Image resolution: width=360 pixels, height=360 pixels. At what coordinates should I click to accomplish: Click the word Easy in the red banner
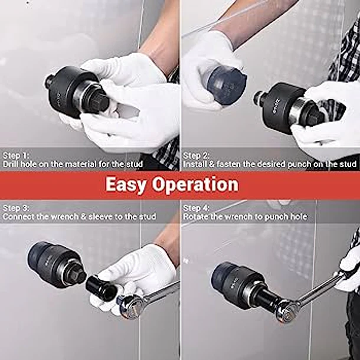click(127, 185)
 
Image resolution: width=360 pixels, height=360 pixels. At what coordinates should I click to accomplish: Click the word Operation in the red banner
click(196, 185)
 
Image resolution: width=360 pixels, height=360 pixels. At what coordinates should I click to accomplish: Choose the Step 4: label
click(196, 208)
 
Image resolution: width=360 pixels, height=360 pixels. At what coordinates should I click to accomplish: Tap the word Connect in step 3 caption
click(18, 217)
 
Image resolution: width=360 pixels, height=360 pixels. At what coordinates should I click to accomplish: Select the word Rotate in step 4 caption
click(195, 217)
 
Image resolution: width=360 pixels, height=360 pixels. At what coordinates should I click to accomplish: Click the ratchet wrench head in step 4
click(286, 307)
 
